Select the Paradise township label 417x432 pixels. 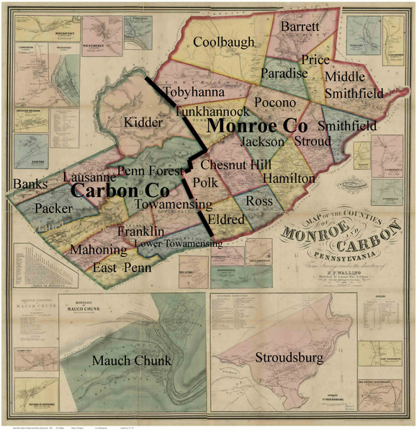coord(284,73)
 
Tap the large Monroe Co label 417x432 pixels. coord(258,125)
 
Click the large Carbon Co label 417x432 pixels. coord(120,191)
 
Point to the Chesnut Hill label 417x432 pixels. coord(231,166)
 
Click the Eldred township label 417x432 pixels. coord(225,218)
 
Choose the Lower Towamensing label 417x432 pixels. coord(178,245)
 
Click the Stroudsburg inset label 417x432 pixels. coord(288,357)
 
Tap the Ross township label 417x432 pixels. coord(259,200)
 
